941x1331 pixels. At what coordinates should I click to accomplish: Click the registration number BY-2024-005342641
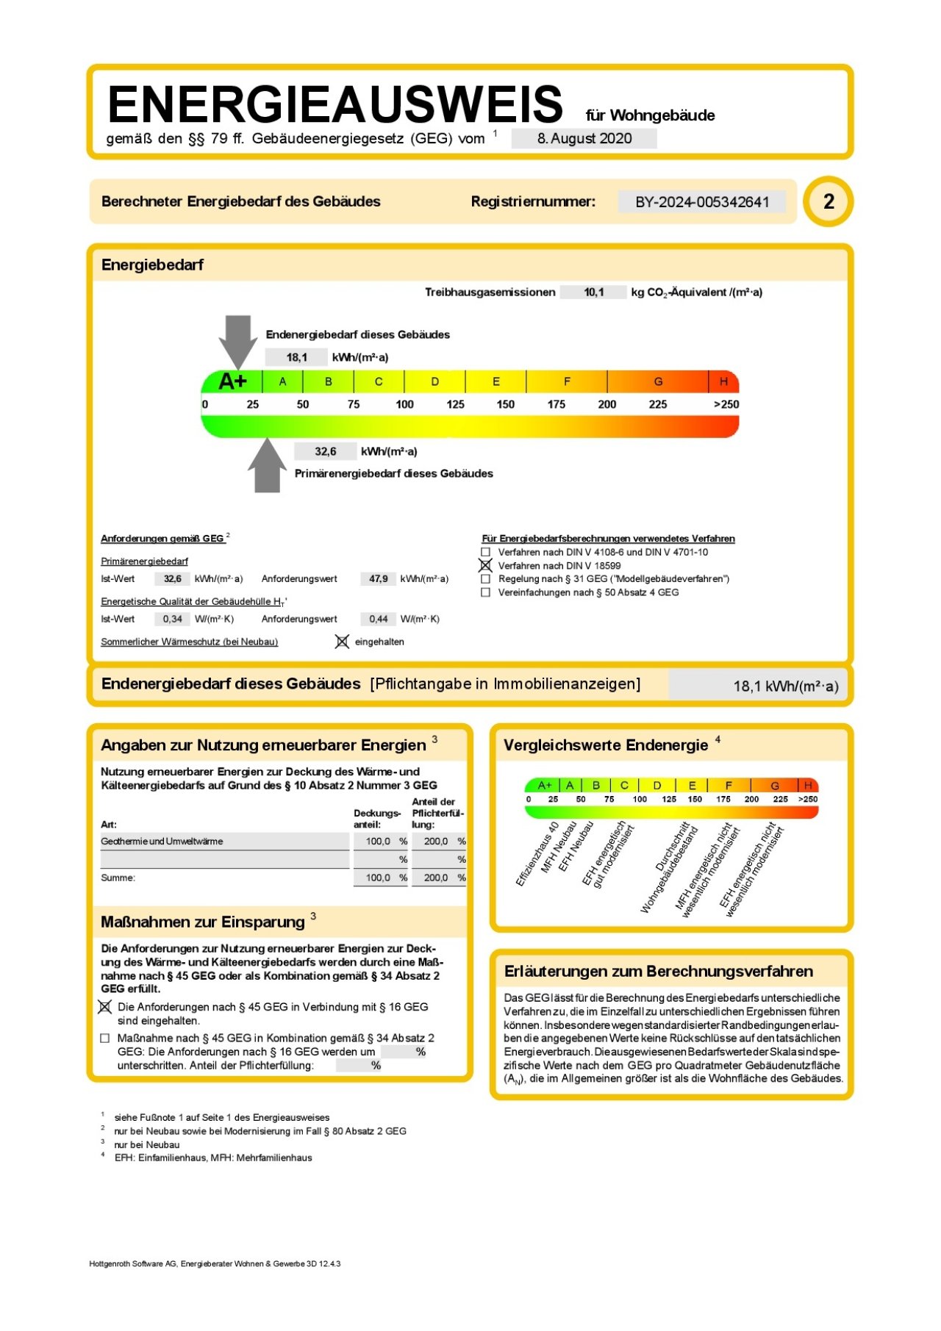tap(702, 202)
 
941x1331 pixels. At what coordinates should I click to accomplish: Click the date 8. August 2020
tap(584, 138)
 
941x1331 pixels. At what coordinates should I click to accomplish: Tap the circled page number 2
tap(829, 201)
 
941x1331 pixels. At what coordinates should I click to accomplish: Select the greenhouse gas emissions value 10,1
tap(594, 293)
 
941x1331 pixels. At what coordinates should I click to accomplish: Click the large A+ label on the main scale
tap(233, 381)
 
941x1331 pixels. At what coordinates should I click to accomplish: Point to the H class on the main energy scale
tap(723, 381)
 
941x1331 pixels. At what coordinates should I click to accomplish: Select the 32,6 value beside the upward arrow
tap(326, 451)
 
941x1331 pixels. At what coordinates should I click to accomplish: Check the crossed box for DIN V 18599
tap(485, 566)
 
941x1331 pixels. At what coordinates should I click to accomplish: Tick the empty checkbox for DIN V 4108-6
tap(485, 552)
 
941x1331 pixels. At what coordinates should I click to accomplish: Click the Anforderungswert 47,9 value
tap(379, 579)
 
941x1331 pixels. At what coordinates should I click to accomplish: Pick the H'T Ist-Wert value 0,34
tap(173, 619)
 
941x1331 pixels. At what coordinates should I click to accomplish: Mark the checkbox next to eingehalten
tap(342, 642)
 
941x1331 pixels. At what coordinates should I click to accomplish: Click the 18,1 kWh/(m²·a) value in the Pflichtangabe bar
tap(785, 686)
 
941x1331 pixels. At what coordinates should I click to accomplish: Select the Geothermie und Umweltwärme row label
tap(162, 842)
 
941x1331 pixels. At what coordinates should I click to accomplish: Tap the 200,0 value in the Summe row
tap(436, 878)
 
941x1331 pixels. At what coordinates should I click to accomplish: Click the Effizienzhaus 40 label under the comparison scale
tap(537, 855)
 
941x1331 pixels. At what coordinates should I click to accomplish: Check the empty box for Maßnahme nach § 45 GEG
tap(105, 1038)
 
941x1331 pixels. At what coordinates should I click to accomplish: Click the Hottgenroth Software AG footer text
tap(215, 1264)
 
